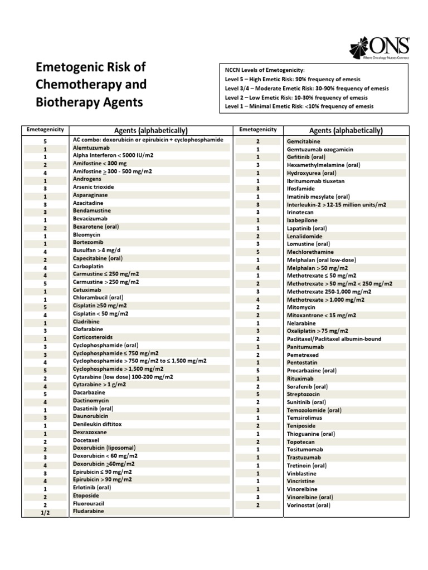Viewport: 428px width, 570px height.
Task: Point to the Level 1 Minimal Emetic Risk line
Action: click(x=299, y=106)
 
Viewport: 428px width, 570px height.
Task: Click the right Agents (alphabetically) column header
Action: click(x=346, y=130)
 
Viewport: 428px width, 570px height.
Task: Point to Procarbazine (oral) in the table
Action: click(x=312, y=370)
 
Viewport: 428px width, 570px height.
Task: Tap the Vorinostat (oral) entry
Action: click(x=308, y=505)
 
